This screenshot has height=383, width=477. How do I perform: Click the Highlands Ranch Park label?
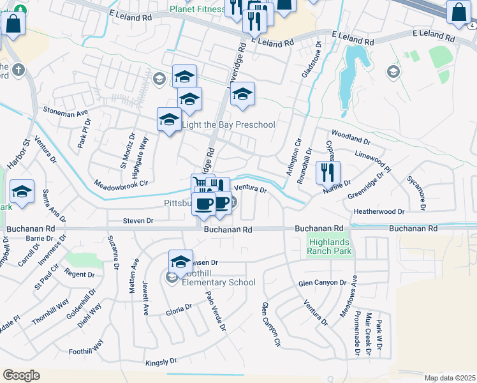click(329, 246)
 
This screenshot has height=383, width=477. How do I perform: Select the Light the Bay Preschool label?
click(229, 124)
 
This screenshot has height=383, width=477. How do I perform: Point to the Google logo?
click(21, 375)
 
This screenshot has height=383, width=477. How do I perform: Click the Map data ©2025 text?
click(450, 378)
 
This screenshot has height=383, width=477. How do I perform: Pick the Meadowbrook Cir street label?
click(121, 182)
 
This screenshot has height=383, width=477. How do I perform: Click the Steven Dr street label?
click(138, 221)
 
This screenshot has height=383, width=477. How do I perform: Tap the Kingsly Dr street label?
click(161, 362)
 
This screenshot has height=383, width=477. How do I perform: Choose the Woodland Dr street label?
click(351, 137)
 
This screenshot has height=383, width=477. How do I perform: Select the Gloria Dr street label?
click(179, 307)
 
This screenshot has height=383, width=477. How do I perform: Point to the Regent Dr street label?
click(80, 274)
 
